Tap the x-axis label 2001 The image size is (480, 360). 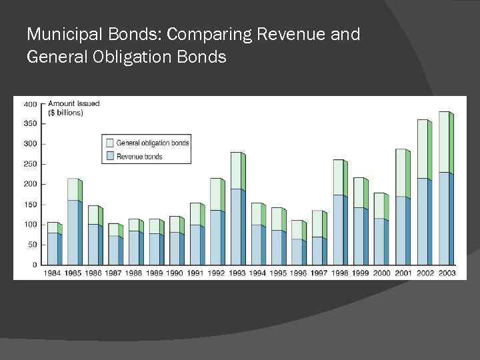click(402, 273)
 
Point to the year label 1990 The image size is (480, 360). click(175, 273)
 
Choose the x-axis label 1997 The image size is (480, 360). click(319, 273)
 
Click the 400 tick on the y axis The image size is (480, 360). click(31, 104)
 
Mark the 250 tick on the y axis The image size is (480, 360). click(31, 164)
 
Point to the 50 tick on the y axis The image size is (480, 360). click(32, 245)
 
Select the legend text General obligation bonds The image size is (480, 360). click(153, 143)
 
